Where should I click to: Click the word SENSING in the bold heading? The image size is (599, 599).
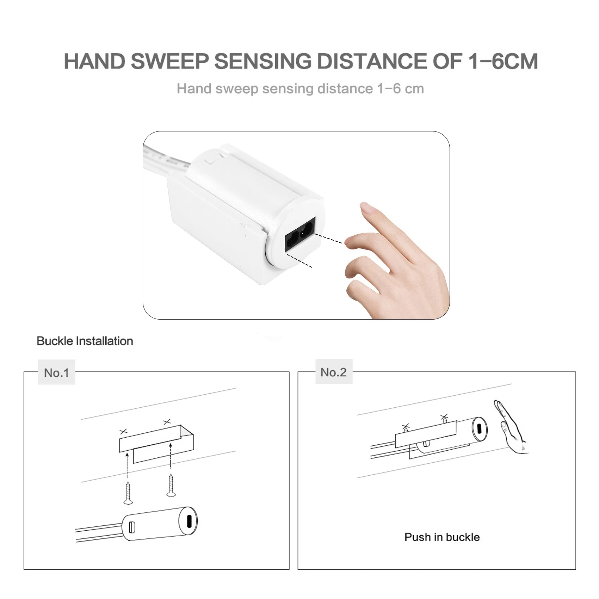tap(263, 61)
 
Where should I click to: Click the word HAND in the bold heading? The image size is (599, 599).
tap(94, 61)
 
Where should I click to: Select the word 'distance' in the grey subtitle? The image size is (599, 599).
tap(345, 89)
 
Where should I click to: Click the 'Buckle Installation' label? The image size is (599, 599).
tap(85, 341)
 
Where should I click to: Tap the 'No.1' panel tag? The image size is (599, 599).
tap(56, 373)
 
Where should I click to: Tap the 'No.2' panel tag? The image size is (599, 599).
tap(333, 372)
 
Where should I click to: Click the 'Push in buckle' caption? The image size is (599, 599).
tap(442, 537)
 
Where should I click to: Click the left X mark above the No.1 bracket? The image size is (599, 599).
tap(123, 431)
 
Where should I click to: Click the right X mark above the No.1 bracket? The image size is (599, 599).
tap(167, 421)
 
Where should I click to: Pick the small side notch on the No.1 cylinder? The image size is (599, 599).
tap(132, 527)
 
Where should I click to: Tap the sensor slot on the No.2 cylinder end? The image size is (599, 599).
tap(479, 428)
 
